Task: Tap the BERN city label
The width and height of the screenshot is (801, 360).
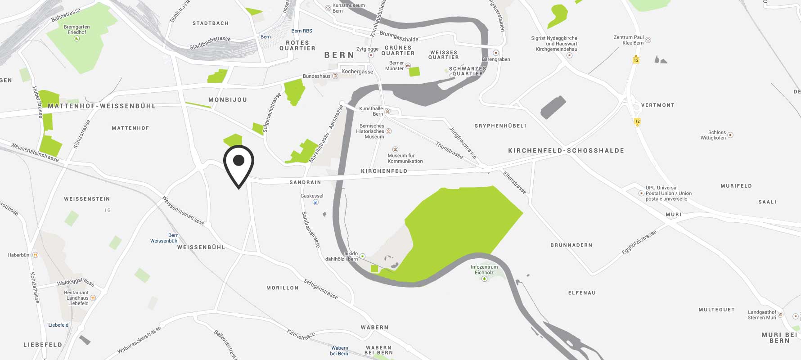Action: (339, 55)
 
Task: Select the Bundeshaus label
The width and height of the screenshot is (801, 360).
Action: (317, 76)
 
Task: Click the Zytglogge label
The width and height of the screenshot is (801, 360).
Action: (367, 49)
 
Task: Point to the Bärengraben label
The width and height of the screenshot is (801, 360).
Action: (495, 59)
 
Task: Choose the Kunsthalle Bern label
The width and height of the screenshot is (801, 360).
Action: (371, 111)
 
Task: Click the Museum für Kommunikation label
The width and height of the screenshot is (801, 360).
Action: (405, 158)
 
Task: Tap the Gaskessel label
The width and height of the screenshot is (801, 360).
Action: (312, 196)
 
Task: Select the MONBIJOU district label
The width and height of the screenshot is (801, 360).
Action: (228, 99)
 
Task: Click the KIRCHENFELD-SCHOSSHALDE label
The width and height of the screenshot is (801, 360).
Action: (566, 151)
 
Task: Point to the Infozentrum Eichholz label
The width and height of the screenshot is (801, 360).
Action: (484, 270)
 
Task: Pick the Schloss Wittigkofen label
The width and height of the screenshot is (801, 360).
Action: (713, 135)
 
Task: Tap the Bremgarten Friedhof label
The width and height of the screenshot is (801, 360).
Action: (76, 29)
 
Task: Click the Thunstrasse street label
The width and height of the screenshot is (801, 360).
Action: (449, 150)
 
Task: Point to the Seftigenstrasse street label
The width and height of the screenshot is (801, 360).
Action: (320, 289)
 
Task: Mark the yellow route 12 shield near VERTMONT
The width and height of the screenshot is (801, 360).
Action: (637, 121)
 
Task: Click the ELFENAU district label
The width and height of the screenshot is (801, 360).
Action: (582, 293)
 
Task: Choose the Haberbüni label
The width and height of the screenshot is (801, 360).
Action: (19, 255)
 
